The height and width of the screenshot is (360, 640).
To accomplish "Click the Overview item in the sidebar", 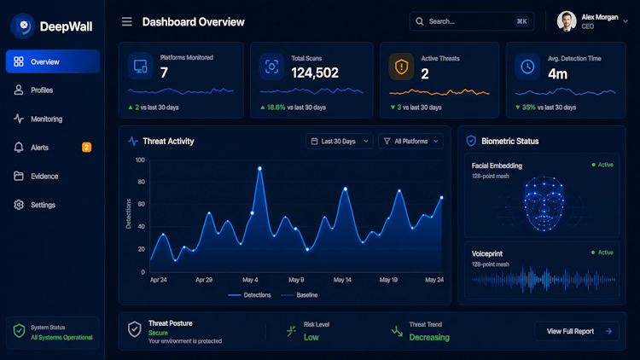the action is (x=53, y=61).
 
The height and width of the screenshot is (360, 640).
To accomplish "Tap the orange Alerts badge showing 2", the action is (x=86, y=147).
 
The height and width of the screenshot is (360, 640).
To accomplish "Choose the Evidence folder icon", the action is (x=19, y=176).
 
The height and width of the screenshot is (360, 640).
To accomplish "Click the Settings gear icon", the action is (x=19, y=205).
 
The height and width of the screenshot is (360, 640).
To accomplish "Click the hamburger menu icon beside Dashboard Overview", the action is (x=127, y=21).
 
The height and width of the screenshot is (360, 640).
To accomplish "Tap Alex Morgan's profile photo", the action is (x=567, y=21).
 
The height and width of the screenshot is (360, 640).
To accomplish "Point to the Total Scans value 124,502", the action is (x=315, y=73).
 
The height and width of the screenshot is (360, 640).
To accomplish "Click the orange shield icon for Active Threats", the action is (x=401, y=67).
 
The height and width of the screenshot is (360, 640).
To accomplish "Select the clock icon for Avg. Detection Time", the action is (x=527, y=67).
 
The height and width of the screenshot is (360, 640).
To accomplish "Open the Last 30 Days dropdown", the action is (x=339, y=142).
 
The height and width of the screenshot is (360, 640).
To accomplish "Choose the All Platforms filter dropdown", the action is (x=410, y=142).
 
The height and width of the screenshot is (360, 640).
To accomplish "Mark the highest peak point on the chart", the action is (x=259, y=168).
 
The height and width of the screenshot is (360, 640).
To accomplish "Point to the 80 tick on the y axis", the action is (x=141, y=182).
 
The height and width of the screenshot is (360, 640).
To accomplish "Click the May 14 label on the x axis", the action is (x=342, y=280).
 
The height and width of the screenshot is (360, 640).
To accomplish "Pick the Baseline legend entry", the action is (x=300, y=295).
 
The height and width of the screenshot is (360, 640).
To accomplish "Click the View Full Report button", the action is (x=577, y=332).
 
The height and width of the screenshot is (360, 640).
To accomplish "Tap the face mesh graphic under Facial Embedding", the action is (x=544, y=203).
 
